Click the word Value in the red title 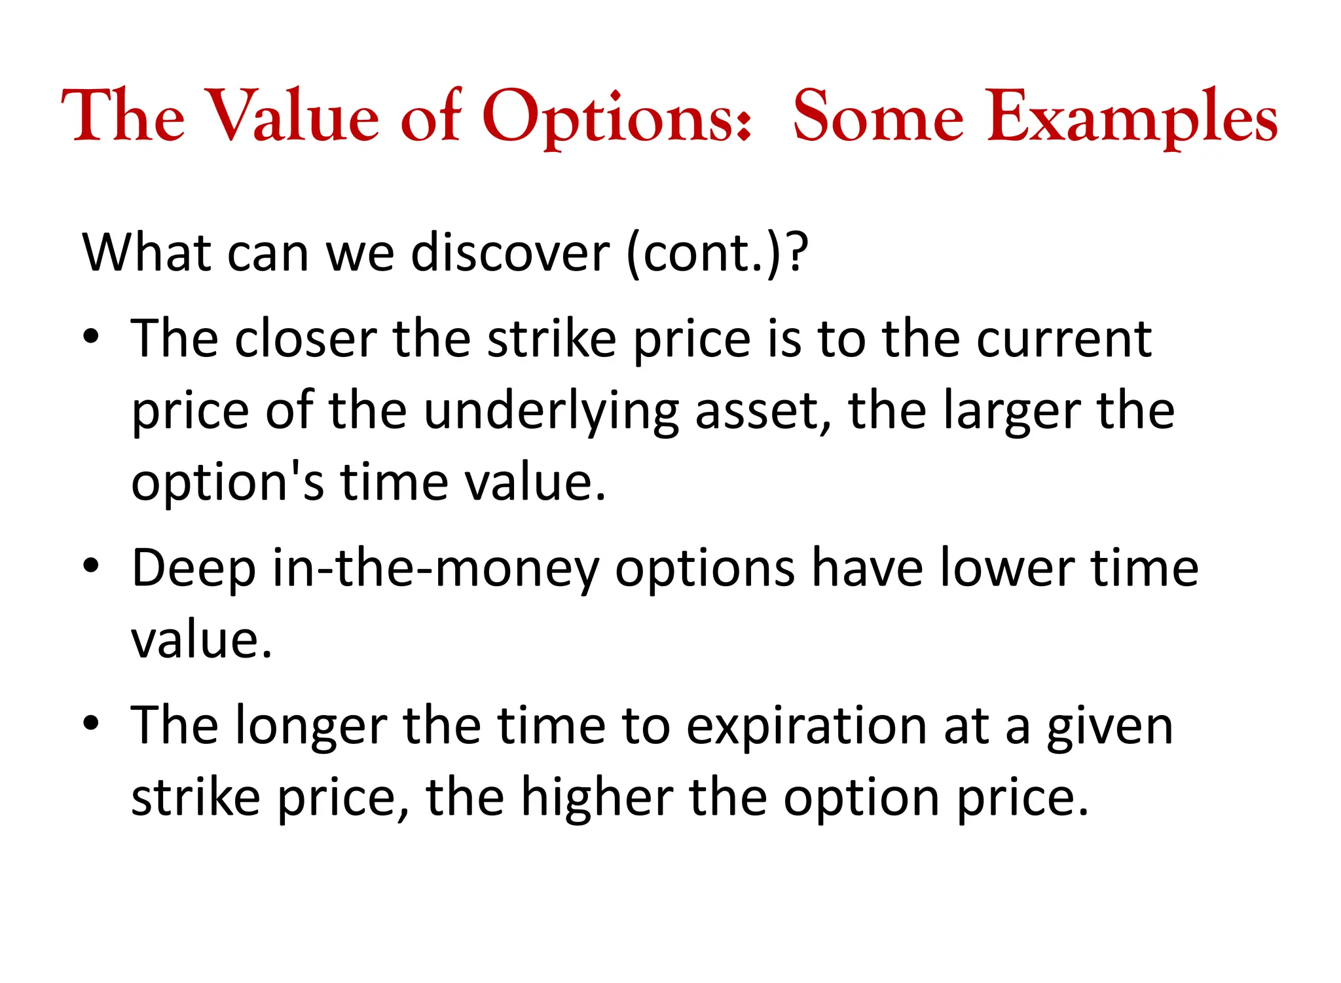295,116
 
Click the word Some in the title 878,116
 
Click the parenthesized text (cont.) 705,253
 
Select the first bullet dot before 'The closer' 91,338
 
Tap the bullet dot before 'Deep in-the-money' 91,567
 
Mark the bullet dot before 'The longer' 91,724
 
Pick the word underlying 551,412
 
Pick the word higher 597,798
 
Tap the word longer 311,727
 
